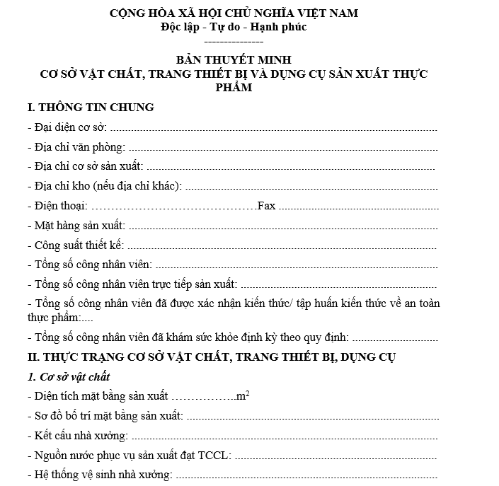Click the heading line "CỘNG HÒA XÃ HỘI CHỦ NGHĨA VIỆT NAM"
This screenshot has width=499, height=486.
click(234, 13)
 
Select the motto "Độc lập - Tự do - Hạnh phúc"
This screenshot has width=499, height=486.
click(234, 28)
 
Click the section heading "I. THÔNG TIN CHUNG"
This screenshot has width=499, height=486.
click(91, 108)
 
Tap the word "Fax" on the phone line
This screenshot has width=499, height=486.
click(266, 206)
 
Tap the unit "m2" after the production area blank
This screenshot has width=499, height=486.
click(242, 395)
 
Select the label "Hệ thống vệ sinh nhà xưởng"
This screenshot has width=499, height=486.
click(99, 474)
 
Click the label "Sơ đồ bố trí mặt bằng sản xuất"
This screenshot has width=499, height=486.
click(104, 415)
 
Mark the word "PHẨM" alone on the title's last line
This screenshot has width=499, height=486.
click(234, 88)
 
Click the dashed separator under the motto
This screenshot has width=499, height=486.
click(234, 42)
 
